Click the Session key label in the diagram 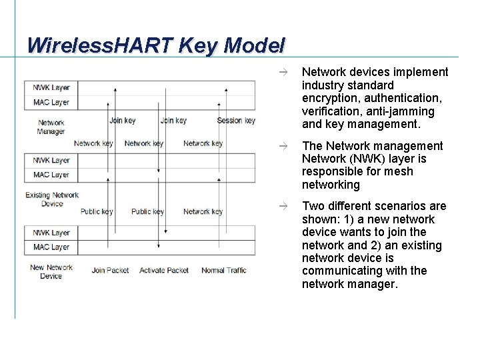coord(236,121)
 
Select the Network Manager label coord(51,127)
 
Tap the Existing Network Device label coord(52,199)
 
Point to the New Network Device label coord(51,271)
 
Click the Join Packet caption coord(111,271)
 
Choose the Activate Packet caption coord(164,271)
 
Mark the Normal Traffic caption coord(224,271)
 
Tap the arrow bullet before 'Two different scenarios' coord(283,206)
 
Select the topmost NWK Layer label coord(51,87)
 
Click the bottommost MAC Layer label coord(51,247)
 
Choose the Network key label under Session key coord(203,143)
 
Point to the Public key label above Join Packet coord(97,212)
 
